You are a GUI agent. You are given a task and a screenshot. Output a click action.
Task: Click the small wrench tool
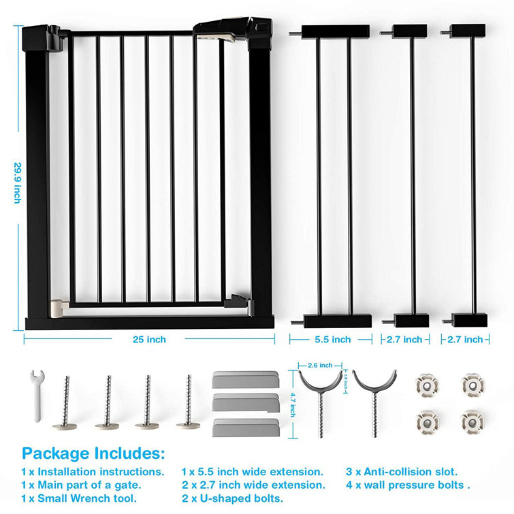click(x=38, y=394)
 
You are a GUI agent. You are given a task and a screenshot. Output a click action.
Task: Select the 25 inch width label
click(x=149, y=339)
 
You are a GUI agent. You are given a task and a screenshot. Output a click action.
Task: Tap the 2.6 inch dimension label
click(x=320, y=364)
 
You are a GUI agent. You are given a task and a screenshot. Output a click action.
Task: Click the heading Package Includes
click(x=93, y=453)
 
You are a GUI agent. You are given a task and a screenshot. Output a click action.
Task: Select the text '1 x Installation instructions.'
click(x=93, y=471)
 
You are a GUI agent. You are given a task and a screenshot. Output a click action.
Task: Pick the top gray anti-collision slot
click(x=244, y=379)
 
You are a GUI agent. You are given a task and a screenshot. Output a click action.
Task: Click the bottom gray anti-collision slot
click(x=244, y=427)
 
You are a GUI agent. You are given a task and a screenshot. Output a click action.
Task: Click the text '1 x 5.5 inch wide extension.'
click(x=252, y=471)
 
